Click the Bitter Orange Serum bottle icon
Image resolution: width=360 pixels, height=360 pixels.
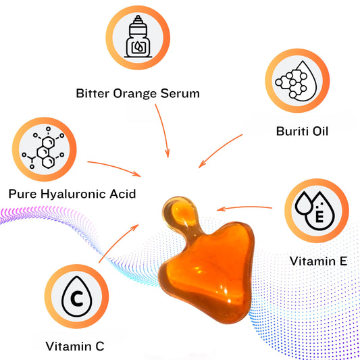pyautogui.click(x=138, y=37)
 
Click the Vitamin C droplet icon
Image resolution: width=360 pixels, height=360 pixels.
pyautogui.click(x=76, y=297)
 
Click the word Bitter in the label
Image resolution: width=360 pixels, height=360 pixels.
pyautogui.click(x=93, y=93)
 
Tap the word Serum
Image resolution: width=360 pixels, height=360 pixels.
pyautogui.click(x=180, y=93)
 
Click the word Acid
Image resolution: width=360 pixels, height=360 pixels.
pyautogui.click(x=123, y=194)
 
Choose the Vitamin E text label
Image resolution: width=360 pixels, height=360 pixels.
pyautogui.click(x=318, y=261)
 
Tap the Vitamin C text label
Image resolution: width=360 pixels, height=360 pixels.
pyautogui.click(x=75, y=346)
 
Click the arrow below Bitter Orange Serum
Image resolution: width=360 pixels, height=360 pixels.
pyautogui.click(x=163, y=131)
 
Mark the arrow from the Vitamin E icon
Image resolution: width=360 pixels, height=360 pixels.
pyautogui.click(x=245, y=207)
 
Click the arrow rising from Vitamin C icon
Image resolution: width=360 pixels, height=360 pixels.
pyautogui.click(x=118, y=243)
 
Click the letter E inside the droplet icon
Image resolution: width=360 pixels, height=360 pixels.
pyautogui.click(x=319, y=216)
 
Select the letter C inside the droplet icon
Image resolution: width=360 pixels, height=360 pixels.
pyautogui.click(x=77, y=299)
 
